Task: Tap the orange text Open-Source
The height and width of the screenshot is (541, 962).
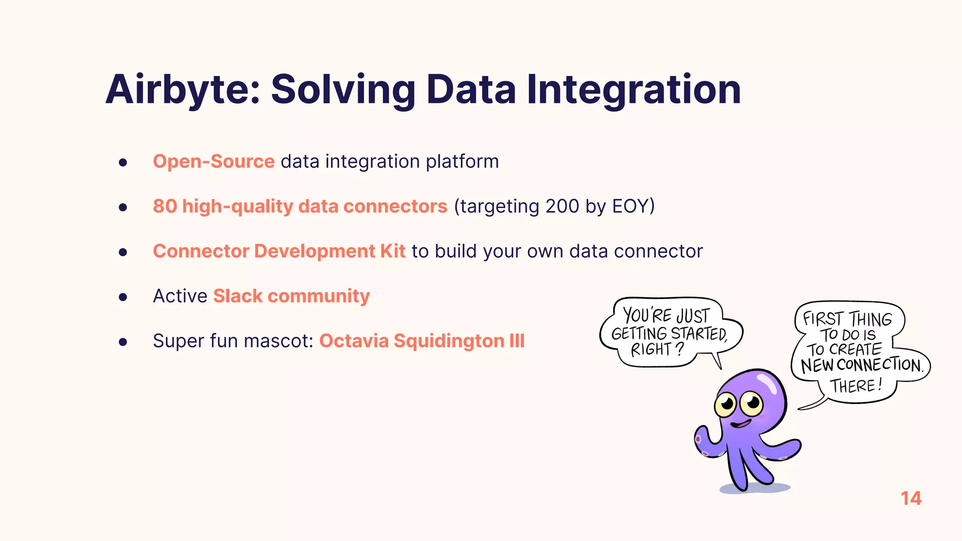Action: (x=214, y=162)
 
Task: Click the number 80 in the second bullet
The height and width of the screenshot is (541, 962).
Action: (x=164, y=206)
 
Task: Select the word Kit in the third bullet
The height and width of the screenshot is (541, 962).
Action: (x=393, y=251)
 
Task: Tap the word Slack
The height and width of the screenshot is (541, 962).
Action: (x=238, y=296)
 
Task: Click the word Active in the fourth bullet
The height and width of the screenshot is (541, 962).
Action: (x=180, y=296)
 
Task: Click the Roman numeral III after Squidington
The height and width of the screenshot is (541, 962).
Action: (x=517, y=341)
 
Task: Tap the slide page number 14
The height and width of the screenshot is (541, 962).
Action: (x=911, y=499)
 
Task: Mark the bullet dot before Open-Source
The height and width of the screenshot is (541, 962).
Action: (x=123, y=162)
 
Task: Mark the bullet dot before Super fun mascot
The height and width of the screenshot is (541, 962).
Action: (x=123, y=342)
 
